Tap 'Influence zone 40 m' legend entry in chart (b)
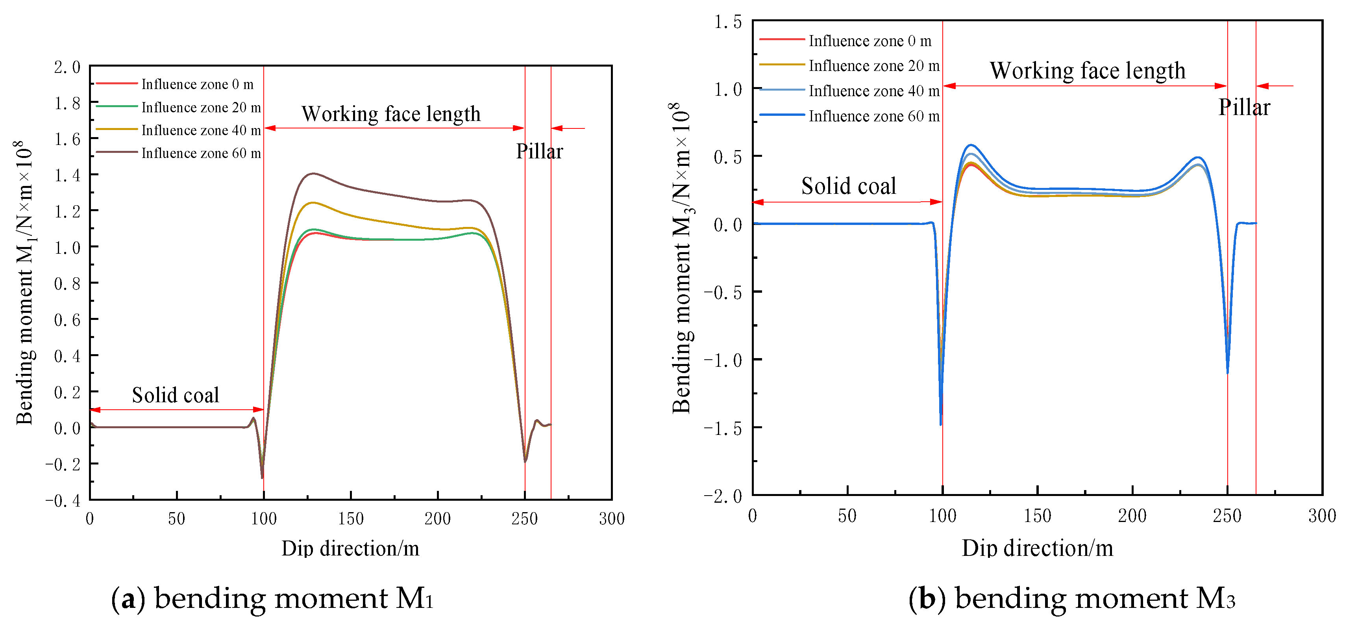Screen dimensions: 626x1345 pyautogui.click(x=873, y=91)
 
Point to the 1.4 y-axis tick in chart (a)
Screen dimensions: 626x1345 pyautogui.click(x=67, y=175)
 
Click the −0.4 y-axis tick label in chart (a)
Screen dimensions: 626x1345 pyautogui.click(x=63, y=501)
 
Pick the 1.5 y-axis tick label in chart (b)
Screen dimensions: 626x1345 pyautogui.click(x=727, y=22)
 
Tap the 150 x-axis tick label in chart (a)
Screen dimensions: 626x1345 pyautogui.click(x=350, y=518)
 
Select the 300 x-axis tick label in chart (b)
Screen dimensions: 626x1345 pyautogui.click(x=1321, y=516)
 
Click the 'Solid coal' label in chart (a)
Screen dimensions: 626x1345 pyautogui.click(x=176, y=395)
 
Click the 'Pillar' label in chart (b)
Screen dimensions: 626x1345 pyautogui.click(x=1244, y=108)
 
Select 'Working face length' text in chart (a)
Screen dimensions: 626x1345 pyautogui.click(x=390, y=114)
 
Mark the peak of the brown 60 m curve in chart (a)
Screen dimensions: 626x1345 pyautogui.click(x=313, y=173)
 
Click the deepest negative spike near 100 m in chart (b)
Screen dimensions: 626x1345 pyautogui.click(x=940, y=424)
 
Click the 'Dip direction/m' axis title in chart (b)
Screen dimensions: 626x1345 pyautogui.click(x=1037, y=548)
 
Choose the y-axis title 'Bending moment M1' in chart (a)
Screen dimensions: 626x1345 pyautogui.click(x=24, y=282)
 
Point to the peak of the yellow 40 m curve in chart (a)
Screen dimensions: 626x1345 pyautogui.click(x=313, y=203)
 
